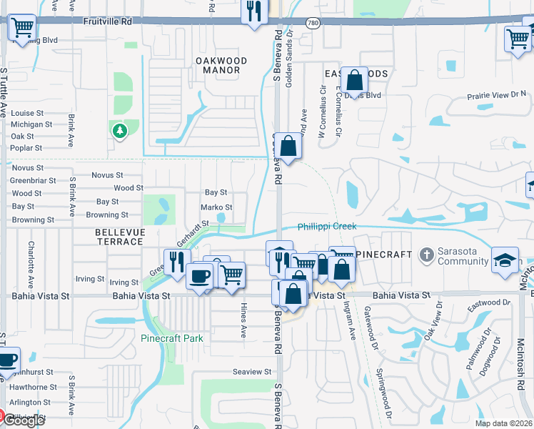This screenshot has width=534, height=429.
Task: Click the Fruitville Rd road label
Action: tap(107, 22)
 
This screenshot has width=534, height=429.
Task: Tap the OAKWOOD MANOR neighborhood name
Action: tap(221, 66)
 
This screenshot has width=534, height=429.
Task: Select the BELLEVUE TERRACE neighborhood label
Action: tap(120, 237)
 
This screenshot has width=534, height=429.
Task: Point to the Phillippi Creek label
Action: tap(327, 227)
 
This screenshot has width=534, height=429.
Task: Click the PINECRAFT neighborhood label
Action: tap(384, 255)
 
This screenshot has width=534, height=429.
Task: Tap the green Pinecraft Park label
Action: tap(171, 338)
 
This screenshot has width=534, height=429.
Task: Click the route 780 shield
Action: tap(313, 23)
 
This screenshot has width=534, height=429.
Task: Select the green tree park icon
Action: tap(119, 130)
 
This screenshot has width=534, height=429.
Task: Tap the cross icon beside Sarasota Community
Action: tap(426, 255)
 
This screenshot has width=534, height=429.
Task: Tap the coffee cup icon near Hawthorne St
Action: tap(7, 360)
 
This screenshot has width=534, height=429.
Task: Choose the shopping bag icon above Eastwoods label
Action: tap(354, 80)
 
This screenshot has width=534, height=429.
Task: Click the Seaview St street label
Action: tap(252, 372)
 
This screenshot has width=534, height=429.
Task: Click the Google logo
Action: tap(23, 420)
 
